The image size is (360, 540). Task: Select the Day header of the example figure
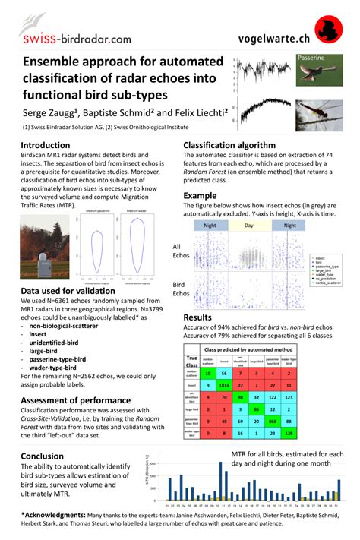coord(247,226)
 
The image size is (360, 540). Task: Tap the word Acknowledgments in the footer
coord(55,514)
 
